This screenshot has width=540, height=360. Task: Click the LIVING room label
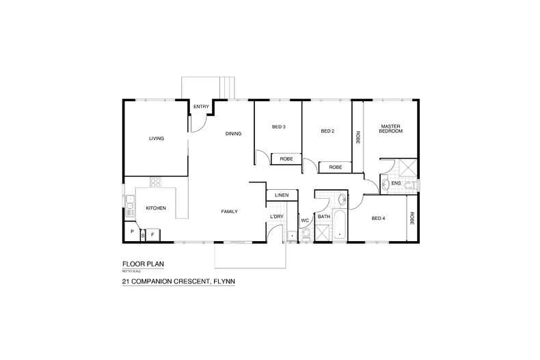[157, 139]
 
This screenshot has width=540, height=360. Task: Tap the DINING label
[233, 134]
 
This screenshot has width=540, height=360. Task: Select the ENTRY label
[201, 107]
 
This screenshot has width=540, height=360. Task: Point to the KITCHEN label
[156, 208]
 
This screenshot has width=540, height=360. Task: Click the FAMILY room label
[229, 212]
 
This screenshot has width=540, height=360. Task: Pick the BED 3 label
[278, 127]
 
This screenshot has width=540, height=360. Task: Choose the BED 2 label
[327, 131]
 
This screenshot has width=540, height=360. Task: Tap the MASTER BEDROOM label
[391, 128]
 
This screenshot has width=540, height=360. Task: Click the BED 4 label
[379, 219]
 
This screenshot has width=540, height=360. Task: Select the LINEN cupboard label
[282, 195]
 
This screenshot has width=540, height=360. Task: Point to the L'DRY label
[277, 217]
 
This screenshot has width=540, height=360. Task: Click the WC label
[305, 221]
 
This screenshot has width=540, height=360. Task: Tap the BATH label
[324, 217]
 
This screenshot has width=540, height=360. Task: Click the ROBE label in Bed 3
[287, 158]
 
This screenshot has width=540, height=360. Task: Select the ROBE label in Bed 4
[412, 218]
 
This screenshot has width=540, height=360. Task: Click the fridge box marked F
[152, 234]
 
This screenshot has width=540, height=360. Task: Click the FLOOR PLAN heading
[143, 264]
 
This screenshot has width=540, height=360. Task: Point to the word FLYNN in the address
[226, 280]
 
